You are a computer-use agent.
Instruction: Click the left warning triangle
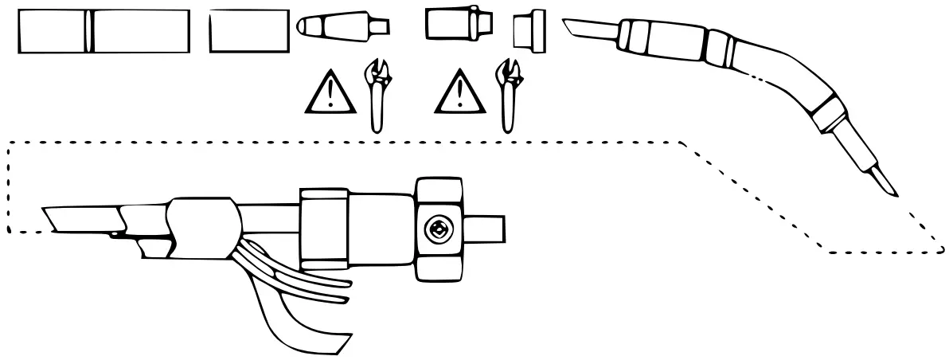click(x=330, y=92)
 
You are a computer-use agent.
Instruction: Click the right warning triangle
click(x=461, y=92)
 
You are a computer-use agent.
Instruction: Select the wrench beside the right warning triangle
click(x=506, y=94)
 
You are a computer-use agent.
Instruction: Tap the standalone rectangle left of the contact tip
click(x=248, y=31)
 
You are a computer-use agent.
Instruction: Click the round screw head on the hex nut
click(x=437, y=230)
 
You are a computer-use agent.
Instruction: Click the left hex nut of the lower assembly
click(x=323, y=229)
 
